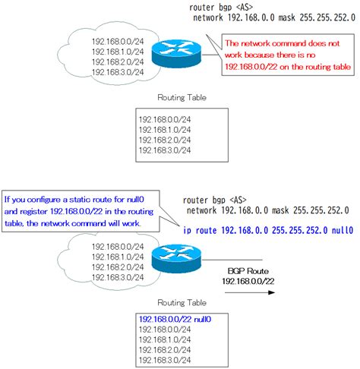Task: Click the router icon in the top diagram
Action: pyautogui.click(x=174, y=54)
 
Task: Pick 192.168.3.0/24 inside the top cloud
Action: pyautogui.click(x=115, y=72)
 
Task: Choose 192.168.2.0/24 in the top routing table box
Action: pyautogui.click(x=163, y=140)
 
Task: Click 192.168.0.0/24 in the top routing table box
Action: pyautogui.click(x=163, y=119)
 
